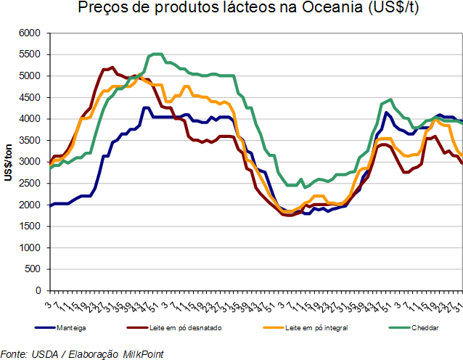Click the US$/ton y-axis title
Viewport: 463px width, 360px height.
(8, 161)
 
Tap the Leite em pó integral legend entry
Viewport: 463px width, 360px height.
(317, 327)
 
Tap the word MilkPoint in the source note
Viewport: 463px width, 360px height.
(142, 353)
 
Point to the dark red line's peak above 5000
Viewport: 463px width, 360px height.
(112, 67)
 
